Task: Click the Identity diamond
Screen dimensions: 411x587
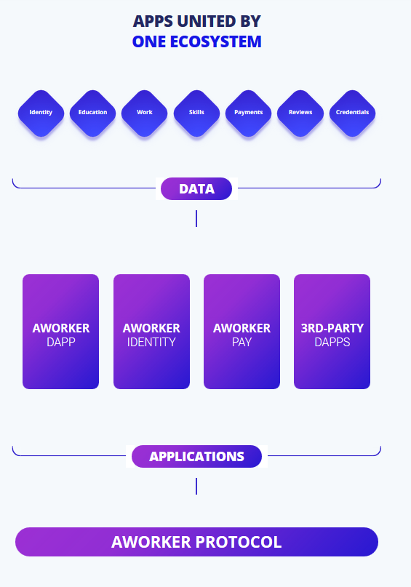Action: point(41,113)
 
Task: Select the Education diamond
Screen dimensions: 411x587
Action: point(93,113)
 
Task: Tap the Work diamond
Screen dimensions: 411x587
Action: point(145,113)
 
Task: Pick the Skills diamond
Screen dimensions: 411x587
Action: point(196,113)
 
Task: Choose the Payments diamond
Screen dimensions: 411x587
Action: point(249,113)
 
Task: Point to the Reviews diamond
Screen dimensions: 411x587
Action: point(300,113)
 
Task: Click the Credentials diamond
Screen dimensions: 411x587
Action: point(352,113)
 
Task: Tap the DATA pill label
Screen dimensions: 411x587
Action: point(196,188)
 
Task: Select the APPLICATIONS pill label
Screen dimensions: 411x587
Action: point(196,456)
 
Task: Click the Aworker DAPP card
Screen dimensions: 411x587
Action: point(60,332)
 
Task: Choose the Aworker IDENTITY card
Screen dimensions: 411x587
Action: point(151,332)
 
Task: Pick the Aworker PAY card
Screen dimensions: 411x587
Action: point(242,332)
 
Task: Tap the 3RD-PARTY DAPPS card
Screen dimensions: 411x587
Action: point(332,332)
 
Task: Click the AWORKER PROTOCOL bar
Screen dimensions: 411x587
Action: point(196,542)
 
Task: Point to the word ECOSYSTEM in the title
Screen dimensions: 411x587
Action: point(215,41)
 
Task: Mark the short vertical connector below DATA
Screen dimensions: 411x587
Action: point(196,219)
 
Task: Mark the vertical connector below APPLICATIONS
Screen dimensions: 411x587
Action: point(196,486)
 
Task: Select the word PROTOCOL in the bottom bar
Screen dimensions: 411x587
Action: point(239,542)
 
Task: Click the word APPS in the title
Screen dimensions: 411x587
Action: point(153,21)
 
